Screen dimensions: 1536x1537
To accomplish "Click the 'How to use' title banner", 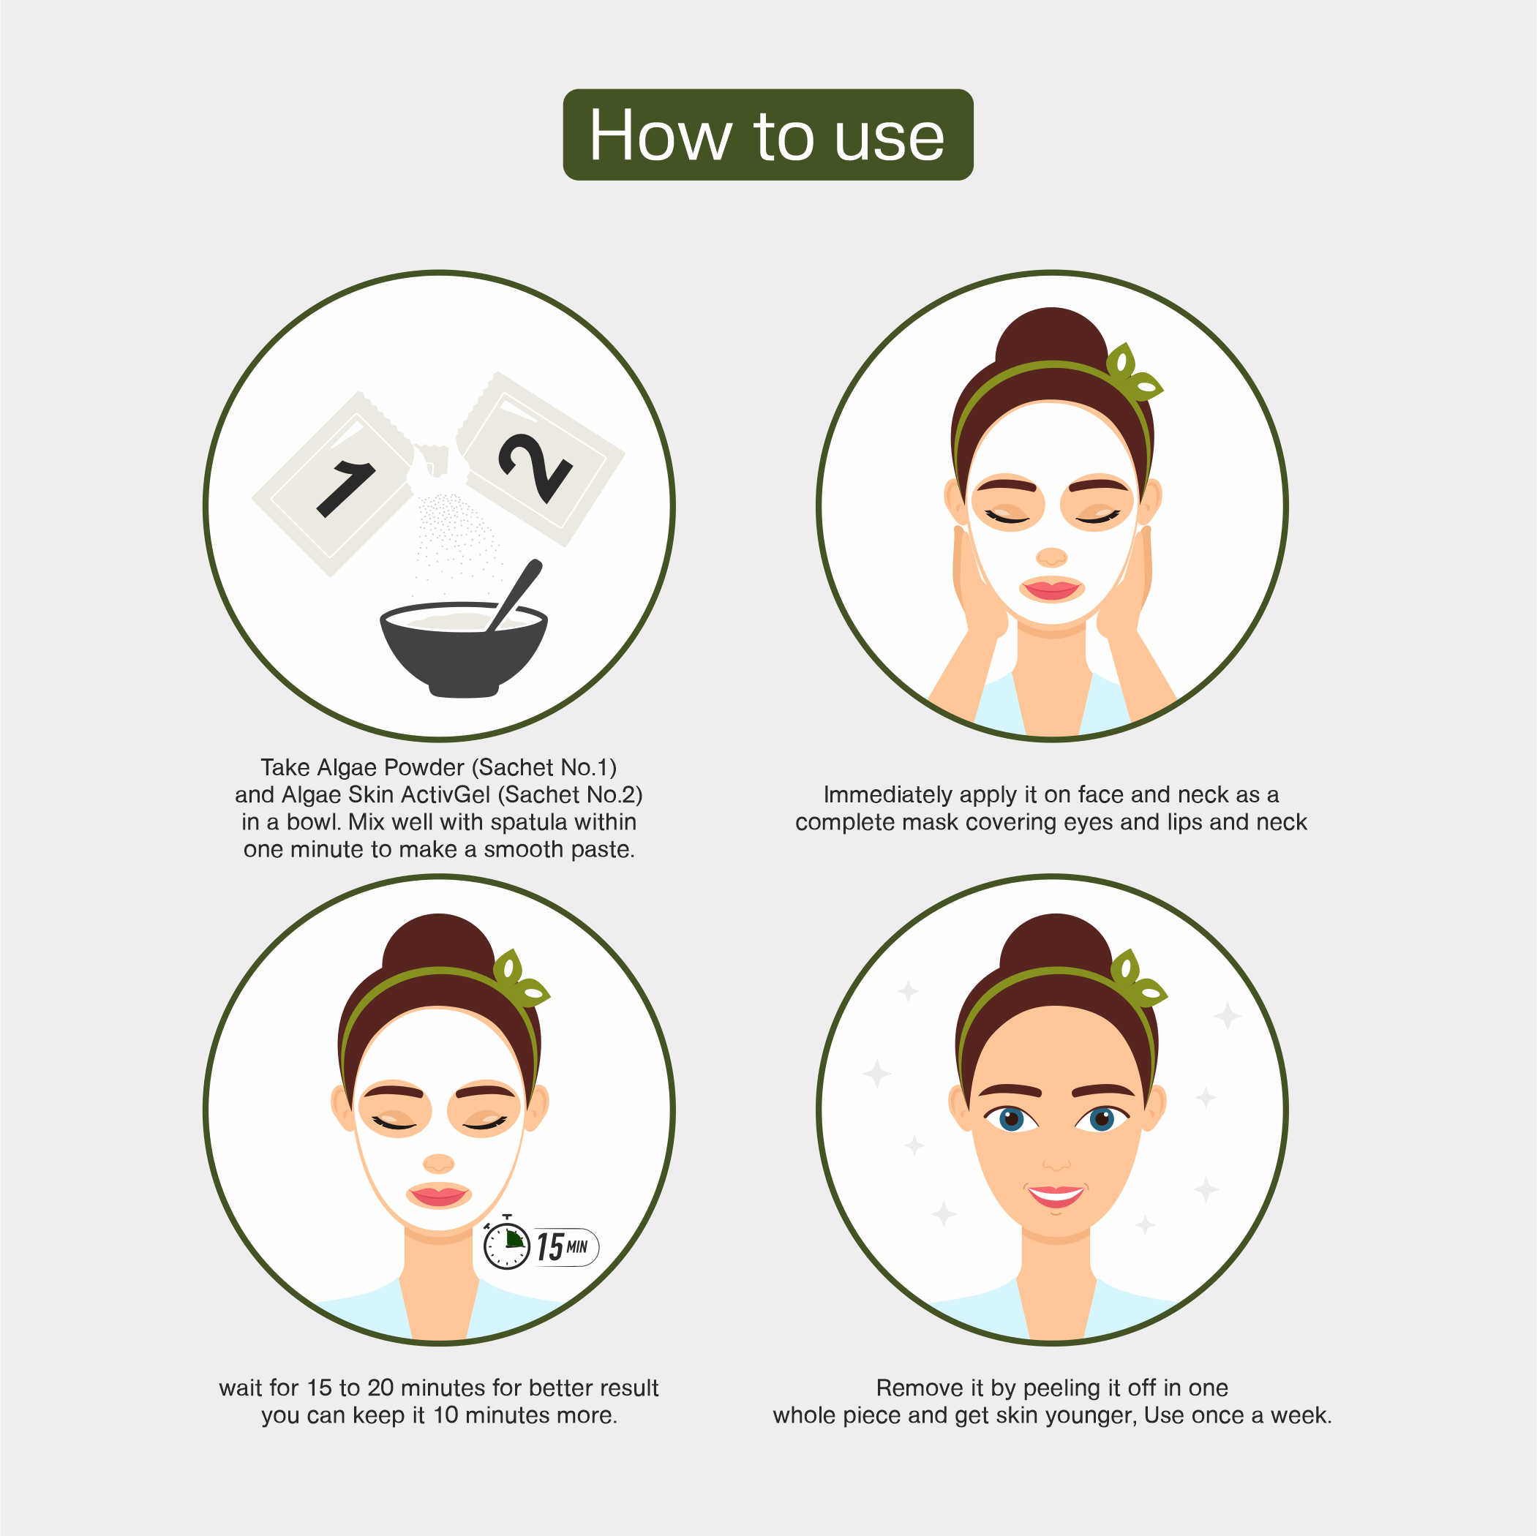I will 767,135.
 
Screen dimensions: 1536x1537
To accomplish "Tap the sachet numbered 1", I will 334,485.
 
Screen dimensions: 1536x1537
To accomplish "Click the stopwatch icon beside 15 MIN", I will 507,1246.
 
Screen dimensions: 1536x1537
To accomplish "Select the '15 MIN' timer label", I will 563,1246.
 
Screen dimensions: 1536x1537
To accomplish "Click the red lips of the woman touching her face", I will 1051,589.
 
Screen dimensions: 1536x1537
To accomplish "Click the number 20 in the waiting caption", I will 380,1388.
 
